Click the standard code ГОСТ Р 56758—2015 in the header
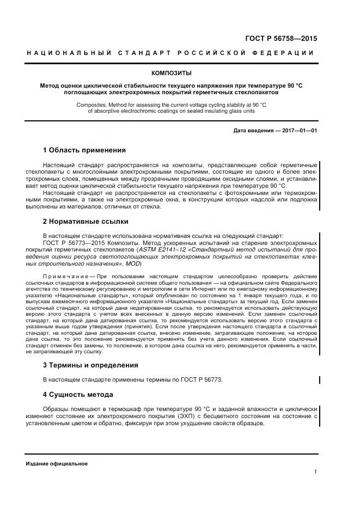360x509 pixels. point(283,39)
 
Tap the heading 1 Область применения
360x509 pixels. point(84,150)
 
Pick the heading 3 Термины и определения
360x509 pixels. point(90,365)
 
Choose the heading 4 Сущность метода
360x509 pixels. point(77,394)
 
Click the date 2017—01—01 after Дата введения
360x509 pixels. point(298,131)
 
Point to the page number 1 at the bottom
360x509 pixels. point(315,472)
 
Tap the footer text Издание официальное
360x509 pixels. point(57,463)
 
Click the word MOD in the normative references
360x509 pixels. point(132,263)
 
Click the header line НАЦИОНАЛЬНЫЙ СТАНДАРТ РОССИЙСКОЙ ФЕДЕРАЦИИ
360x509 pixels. point(170,53)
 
